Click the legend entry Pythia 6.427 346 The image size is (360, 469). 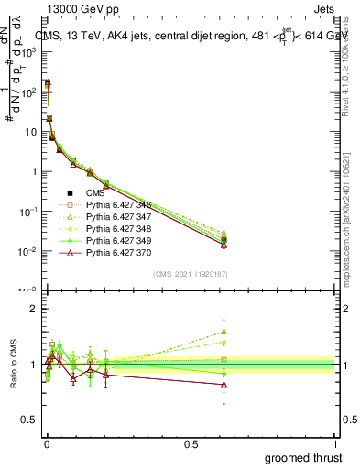pos(115,204)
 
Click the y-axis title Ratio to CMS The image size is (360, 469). pos(14,366)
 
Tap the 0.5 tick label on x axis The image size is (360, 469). pos(191,443)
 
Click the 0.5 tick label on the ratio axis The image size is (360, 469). pos(27,421)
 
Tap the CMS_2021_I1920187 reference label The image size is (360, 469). pos(191,274)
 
